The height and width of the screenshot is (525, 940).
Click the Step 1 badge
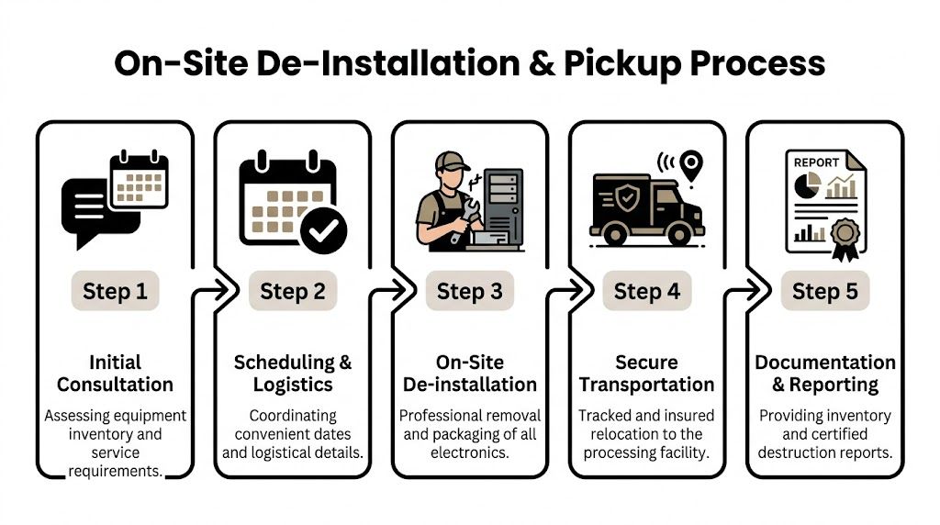115,292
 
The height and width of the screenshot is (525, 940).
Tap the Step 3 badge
469,292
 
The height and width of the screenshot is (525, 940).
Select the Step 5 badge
824,292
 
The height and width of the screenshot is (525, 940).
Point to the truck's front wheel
680,237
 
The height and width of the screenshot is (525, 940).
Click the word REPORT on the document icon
815,162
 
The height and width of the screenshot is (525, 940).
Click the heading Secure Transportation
646,374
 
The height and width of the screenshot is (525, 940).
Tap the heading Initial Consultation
115,374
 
